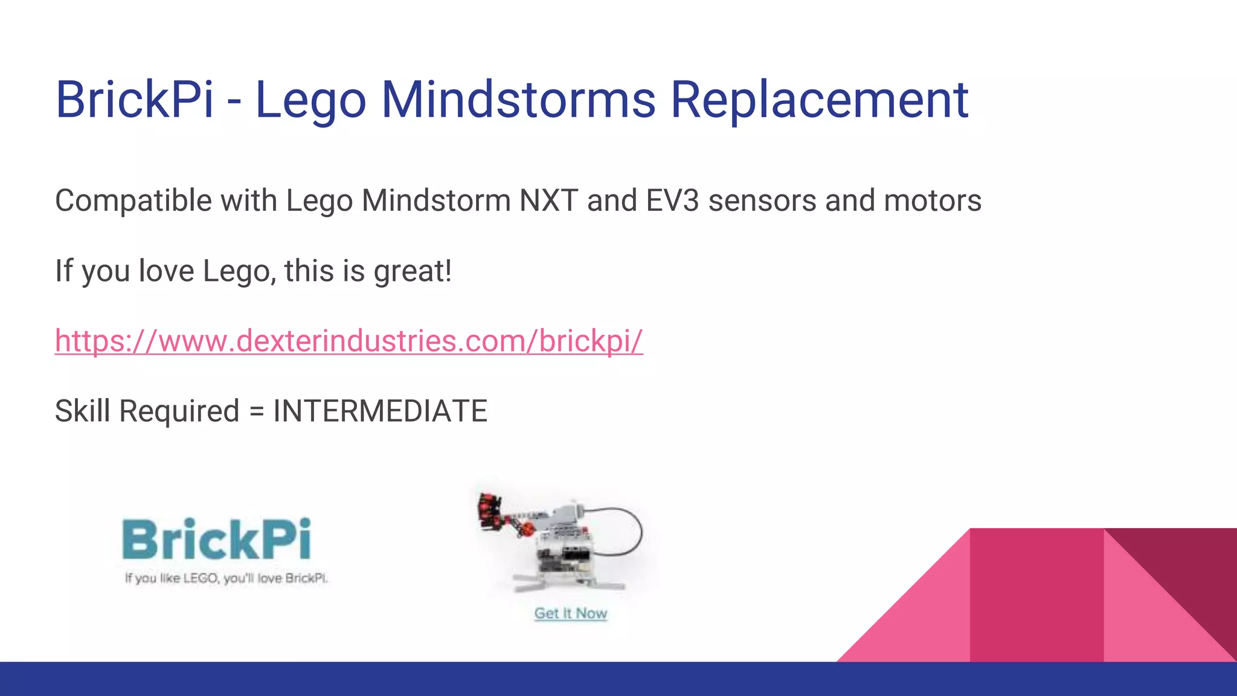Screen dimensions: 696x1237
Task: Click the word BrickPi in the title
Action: [134, 99]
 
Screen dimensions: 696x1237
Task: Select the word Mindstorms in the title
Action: [518, 99]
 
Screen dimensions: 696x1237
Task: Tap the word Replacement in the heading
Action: [819, 99]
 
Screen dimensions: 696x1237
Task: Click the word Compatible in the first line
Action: [133, 201]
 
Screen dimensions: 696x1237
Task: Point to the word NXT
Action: [548, 201]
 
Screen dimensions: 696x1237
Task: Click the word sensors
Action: [762, 201]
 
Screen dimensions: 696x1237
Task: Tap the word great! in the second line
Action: [413, 271]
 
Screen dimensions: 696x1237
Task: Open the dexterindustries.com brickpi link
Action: [349, 341]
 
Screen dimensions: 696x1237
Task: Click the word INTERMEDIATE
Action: [380, 411]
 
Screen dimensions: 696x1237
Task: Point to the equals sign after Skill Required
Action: [257, 412]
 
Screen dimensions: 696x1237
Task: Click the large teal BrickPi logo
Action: [217, 539]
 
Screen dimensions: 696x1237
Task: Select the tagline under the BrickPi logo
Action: [226, 578]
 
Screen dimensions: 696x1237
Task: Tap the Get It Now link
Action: [570, 613]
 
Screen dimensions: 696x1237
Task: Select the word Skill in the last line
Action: [82, 411]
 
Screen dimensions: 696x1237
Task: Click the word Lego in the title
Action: [310, 99]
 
